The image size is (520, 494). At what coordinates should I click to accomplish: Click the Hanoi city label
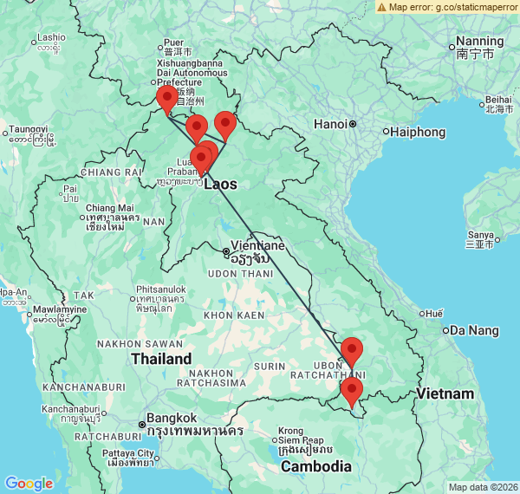(x=330, y=124)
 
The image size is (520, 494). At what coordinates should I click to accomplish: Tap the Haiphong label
(x=419, y=132)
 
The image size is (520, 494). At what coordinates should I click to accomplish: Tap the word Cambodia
(x=315, y=466)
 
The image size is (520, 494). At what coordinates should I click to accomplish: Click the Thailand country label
(x=161, y=358)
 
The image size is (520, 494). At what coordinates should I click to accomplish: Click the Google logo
(x=29, y=484)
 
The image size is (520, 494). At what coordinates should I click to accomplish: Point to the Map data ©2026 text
(x=483, y=487)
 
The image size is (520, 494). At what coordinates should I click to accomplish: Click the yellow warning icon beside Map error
(x=382, y=7)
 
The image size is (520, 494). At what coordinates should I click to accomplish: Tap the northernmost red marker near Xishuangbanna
(x=166, y=100)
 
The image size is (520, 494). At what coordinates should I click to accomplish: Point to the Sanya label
(x=480, y=235)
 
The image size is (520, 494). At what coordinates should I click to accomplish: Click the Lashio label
(x=50, y=37)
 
